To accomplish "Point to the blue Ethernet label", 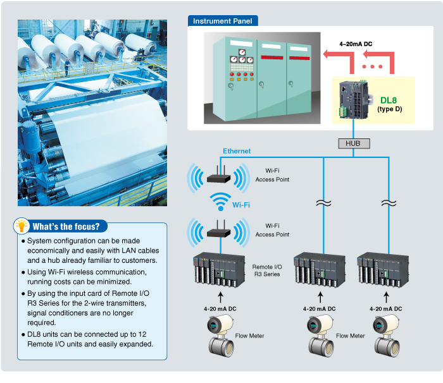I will click(237, 151).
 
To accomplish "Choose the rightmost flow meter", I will click(385, 334).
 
